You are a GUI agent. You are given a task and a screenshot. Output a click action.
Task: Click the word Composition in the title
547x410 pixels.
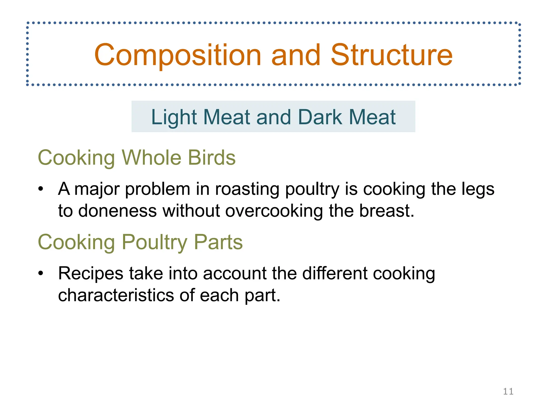click(178, 55)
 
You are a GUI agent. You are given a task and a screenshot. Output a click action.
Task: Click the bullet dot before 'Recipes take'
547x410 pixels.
click(41, 274)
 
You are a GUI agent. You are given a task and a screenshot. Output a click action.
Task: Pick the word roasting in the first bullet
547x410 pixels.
click(247, 189)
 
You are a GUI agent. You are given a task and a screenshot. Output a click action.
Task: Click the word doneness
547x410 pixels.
click(117, 211)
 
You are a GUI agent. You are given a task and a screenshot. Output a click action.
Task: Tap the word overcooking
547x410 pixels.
click(274, 211)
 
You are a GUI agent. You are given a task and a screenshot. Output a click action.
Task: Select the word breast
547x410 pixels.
click(386, 211)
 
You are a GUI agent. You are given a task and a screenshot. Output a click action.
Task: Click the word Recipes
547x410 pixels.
click(91, 274)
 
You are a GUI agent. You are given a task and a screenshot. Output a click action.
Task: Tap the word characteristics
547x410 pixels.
click(116, 295)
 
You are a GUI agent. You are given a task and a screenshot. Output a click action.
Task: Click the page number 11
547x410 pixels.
click(508, 391)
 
